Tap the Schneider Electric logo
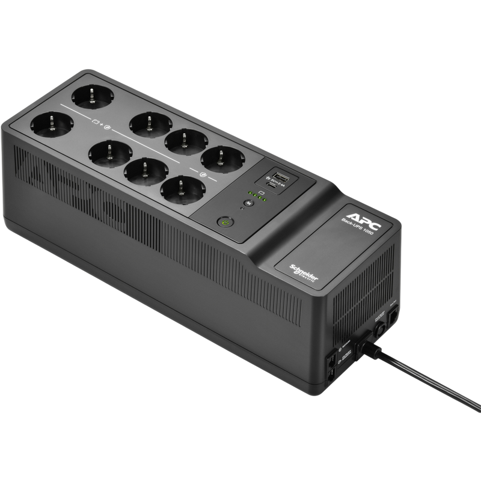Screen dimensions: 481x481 (305, 274)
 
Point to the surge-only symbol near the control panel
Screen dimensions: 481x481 (203, 175)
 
